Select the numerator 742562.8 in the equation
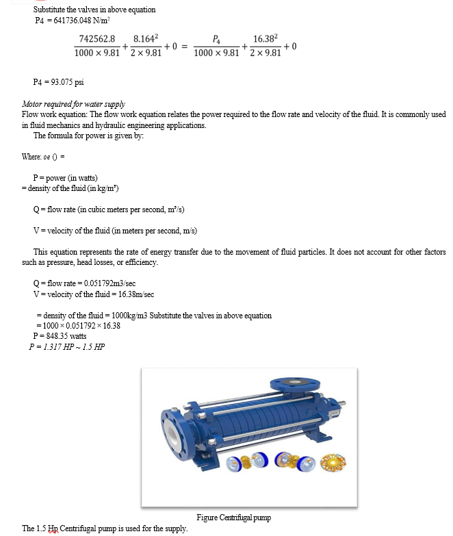pyautogui.click(x=97, y=40)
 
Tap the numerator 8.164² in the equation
pyautogui.click(x=146, y=40)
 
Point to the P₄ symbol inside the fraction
pyautogui.click(x=217, y=40)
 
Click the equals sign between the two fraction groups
pyautogui.click(x=184, y=47)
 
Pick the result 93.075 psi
pyautogui.click(x=64, y=82)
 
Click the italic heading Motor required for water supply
pyautogui.click(x=73, y=104)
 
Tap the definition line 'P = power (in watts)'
pyautogui.click(x=65, y=177)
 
